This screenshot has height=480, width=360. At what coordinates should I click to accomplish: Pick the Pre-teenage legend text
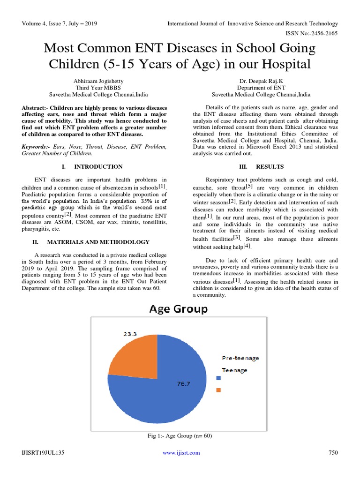(240, 358)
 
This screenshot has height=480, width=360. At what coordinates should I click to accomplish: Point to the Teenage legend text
(234, 370)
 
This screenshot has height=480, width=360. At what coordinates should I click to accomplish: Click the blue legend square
(218, 378)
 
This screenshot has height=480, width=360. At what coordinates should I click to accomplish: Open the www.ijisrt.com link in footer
(181, 452)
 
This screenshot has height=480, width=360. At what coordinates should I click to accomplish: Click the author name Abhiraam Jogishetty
(89, 81)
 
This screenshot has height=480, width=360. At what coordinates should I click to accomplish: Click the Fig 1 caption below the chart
(180, 436)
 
